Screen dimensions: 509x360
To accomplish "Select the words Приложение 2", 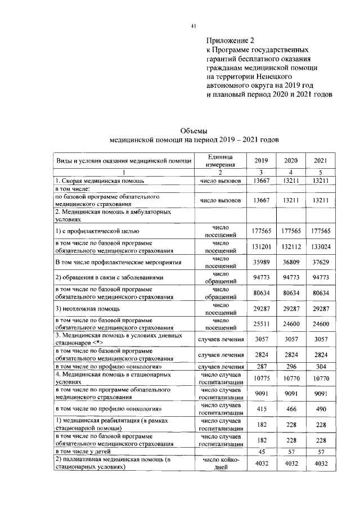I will point(230,40).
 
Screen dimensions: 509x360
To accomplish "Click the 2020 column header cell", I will point(291,160).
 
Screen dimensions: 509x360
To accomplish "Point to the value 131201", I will point(262,245).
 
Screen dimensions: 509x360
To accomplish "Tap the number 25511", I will point(262,325).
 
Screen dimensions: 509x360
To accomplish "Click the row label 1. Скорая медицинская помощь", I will point(100,181).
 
